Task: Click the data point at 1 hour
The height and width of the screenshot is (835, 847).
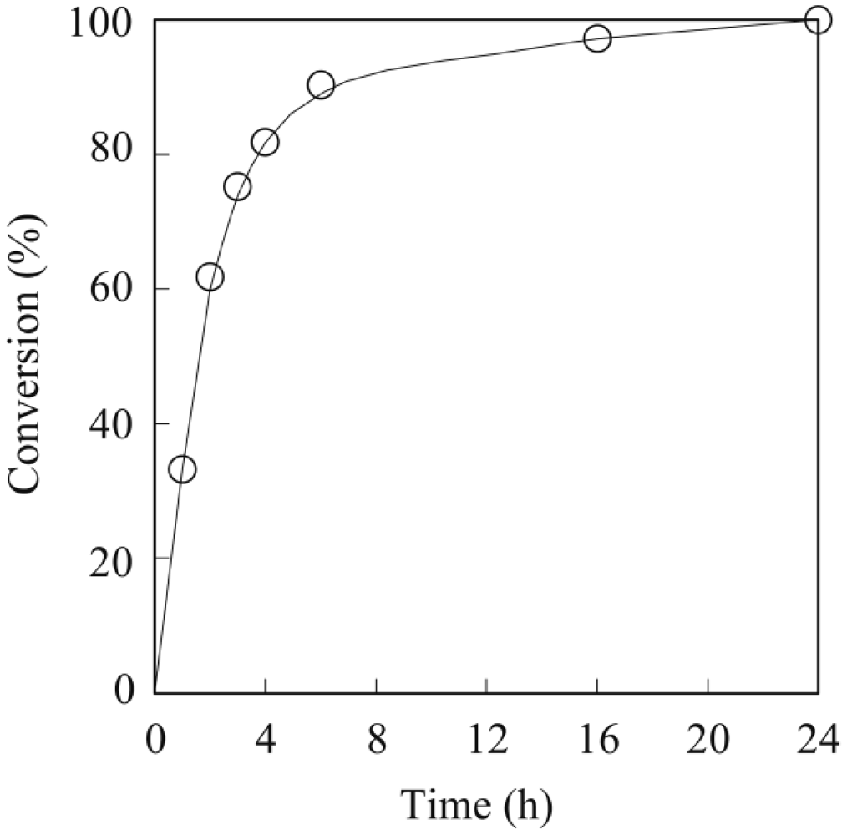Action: pyautogui.click(x=182, y=469)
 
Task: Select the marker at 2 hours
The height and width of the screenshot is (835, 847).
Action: pyautogui.click(x=210, y=277)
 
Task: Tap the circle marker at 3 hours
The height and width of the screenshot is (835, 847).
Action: pyautogui.click(x=237, y=187)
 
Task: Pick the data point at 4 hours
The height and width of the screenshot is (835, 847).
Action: pyautogui.click(x=265, y=143)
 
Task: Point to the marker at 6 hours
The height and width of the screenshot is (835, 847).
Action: pyautogui.click(x=321, y=84)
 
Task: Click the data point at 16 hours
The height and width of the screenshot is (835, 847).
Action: pyautogui.click(x=597, y=38)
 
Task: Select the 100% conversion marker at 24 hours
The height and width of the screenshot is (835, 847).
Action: pyautogui.click(x=818, y=19)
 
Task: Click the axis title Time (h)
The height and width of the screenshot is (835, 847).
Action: pyautogui.click(x=477, y=804)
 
